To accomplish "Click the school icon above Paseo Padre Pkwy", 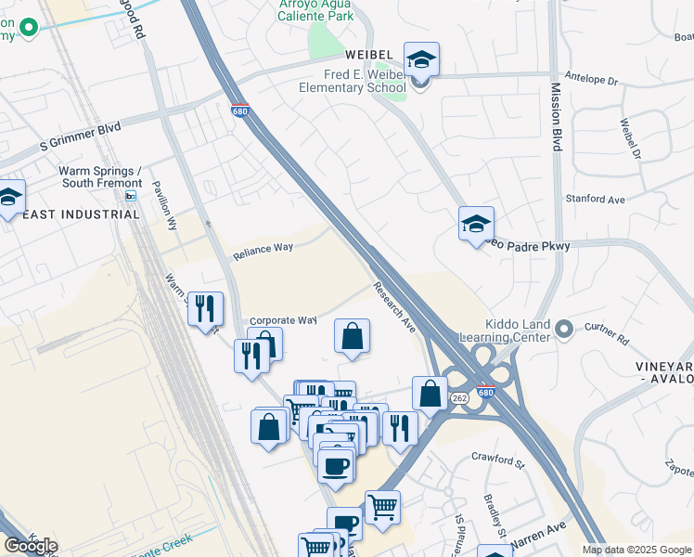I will (x=476, y=224).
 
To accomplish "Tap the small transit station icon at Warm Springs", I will (x=131, y=196).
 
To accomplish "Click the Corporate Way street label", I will (x=283, y=320).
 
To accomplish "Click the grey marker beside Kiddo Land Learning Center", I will (x=563, y=329).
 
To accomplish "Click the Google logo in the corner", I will (x=31, y=546).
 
